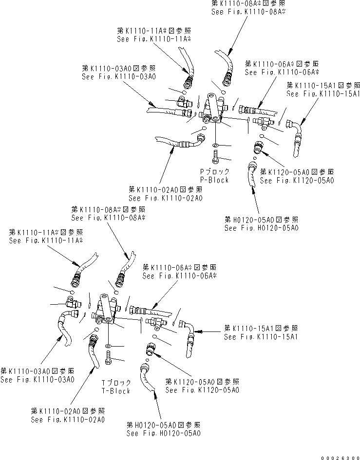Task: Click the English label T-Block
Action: coord(115,391)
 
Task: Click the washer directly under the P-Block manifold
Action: coord(215,145)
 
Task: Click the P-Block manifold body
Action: coord(212,110)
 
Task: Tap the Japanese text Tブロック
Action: coord(115,383)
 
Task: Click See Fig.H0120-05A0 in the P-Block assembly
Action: coord(261,227)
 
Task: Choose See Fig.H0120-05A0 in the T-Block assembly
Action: coord(163,433)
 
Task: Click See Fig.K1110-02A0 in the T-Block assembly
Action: coord(68,419)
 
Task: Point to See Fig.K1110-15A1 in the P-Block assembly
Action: coord(323,93)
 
